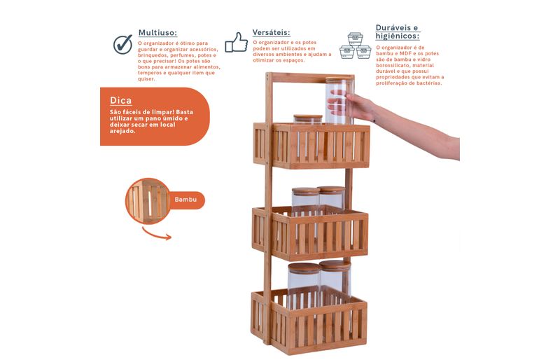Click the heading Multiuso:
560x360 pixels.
(x=157, y=33)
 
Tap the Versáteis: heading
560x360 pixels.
(x=271, y=32)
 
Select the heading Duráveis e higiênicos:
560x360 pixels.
(x=398, y=32)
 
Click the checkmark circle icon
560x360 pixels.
(x=123, y=44)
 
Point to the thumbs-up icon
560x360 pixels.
(x=236, y=43)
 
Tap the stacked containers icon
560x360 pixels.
(x=355, y=46)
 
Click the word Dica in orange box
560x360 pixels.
(x=120, y=100)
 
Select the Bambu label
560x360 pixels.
(x=185, y=200)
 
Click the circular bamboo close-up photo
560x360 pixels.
(x=148, y=201)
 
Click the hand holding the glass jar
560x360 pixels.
(x=352, y=106)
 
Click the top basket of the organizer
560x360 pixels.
(x=311, y=146)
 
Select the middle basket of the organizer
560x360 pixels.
(x=310, y=233)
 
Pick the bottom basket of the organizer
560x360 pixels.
(x=309, y=321)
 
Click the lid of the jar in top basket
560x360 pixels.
(x=308, y=118)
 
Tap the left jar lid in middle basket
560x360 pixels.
(x=305, y=191)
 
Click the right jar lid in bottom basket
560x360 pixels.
(x=335, y=265)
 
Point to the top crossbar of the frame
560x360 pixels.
(x=310, y=78)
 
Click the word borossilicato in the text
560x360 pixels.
(x=392, y=65)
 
